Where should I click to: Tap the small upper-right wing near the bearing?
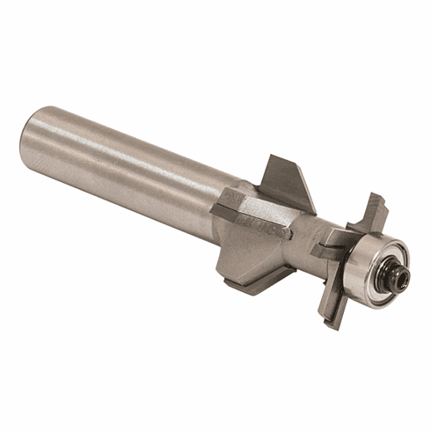click(x=369, y=211)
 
